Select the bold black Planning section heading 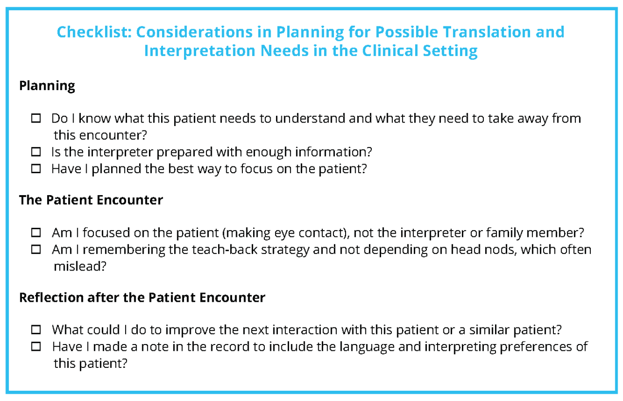click(47, 86)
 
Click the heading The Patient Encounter click(91, 200)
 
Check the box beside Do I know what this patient click(37, 118)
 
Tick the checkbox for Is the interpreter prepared click(37, 152)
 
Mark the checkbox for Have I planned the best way click(37, 169)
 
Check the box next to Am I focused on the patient click(37, 233)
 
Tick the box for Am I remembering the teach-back click(37, 250)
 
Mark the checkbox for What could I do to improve click(37, 330)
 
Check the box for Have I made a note click(37, 347)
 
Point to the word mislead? click(80, 267)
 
